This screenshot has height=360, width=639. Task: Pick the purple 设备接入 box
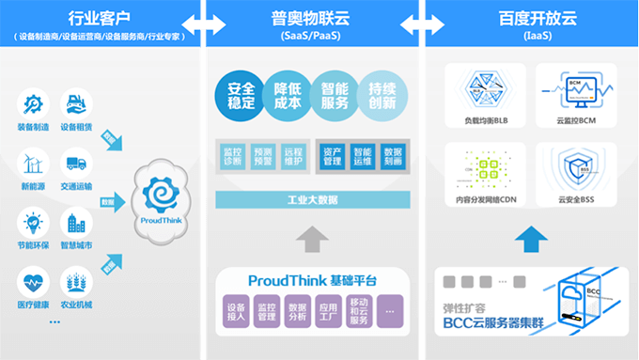236,313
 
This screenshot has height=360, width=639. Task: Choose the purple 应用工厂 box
327,313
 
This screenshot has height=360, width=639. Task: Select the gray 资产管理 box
333,156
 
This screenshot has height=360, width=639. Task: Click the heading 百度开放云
531,18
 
